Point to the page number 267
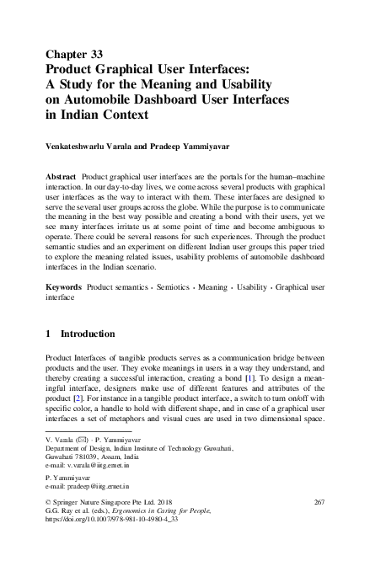tap(319, 503)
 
